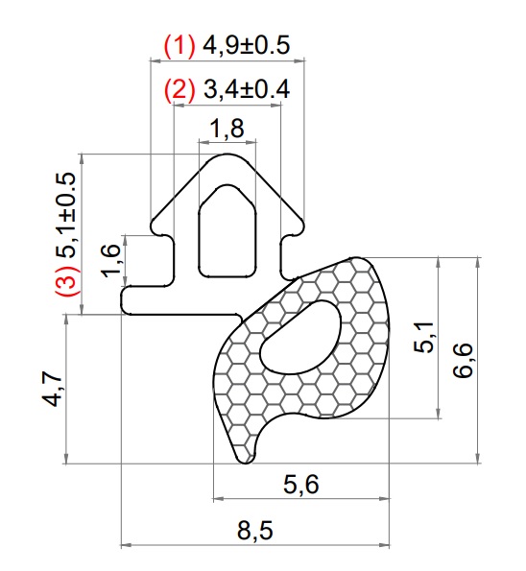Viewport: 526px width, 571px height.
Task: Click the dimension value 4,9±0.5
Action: pos(247,44)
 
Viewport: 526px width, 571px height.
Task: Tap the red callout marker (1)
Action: pos(179,44)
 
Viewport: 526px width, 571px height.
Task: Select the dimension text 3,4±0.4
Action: pos(247,90)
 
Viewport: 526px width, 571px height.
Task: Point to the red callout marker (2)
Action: pos(179,90)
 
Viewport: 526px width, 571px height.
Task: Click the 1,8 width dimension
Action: pos(227,128)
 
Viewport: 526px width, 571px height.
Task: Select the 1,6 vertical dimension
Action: pos(111,261)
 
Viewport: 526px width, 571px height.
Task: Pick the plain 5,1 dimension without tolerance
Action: pos(423,338)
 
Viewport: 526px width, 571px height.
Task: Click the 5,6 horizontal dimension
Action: pos(300,486)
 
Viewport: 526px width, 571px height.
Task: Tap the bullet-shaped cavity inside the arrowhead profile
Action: pos(227,230)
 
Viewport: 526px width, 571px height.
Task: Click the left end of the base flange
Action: pos(128,300)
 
